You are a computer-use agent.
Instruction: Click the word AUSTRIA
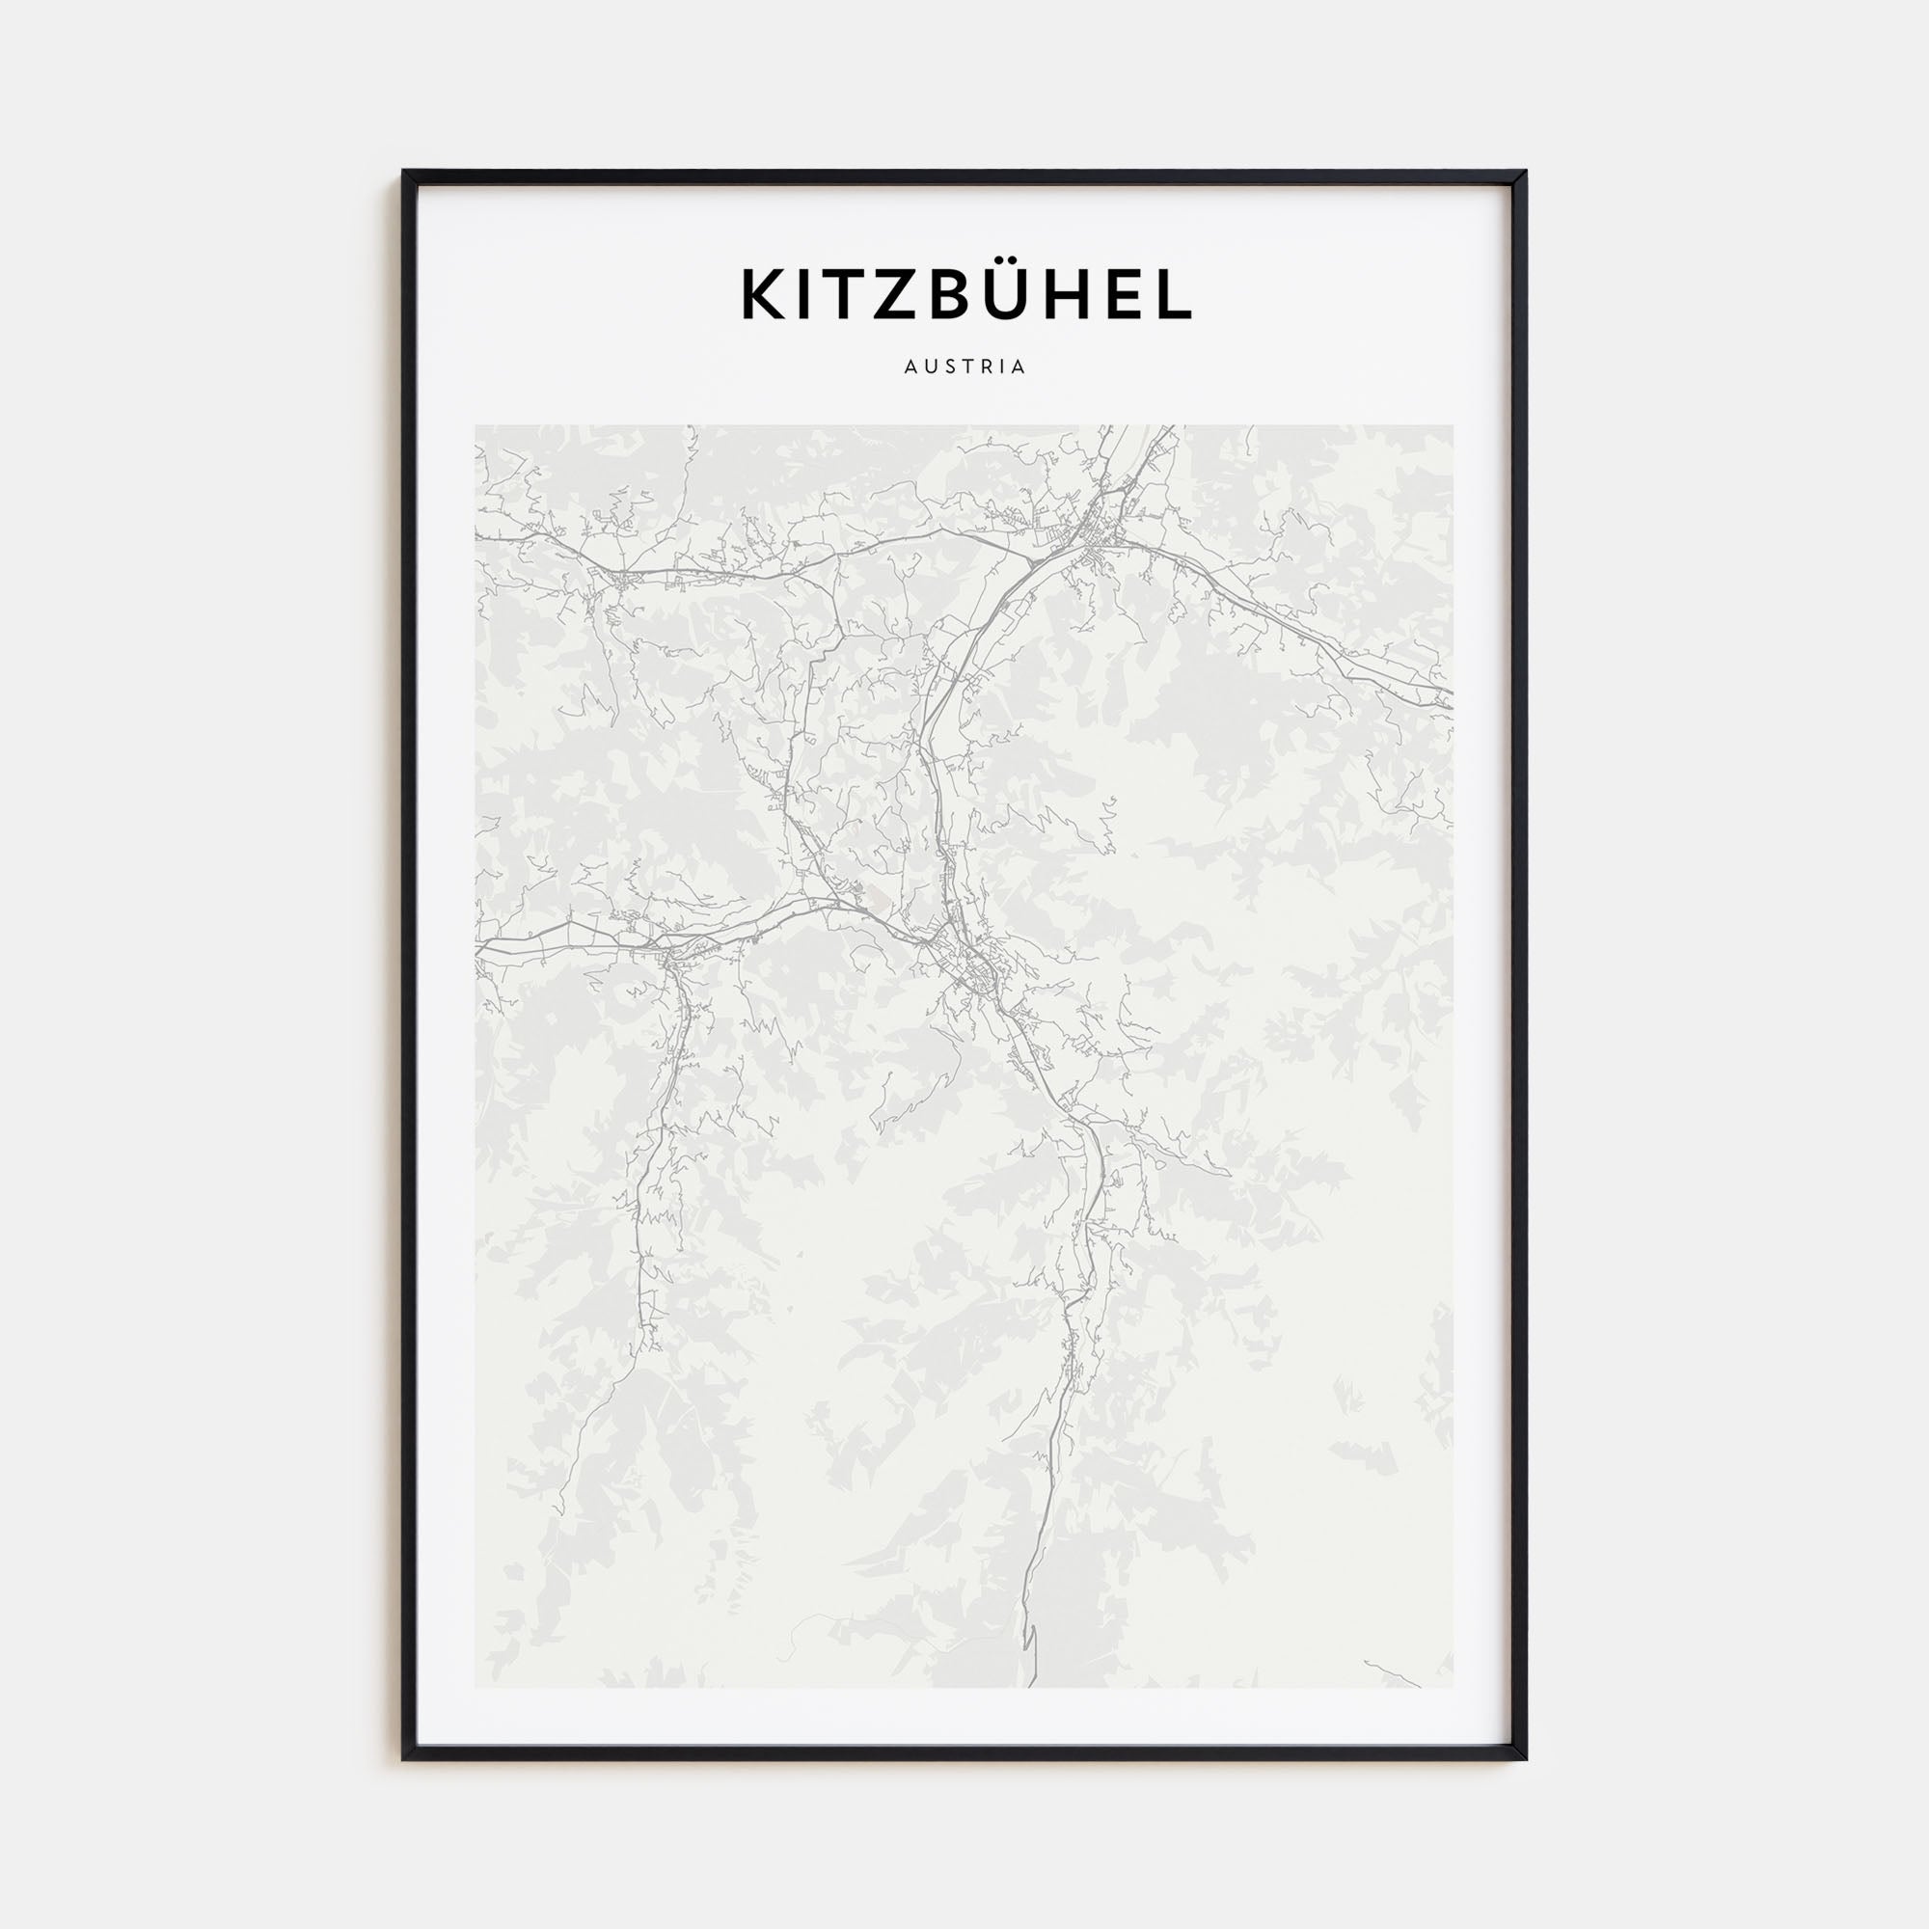964,367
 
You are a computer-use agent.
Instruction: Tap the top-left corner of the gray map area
476,426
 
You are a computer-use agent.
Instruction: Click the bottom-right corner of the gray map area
1453,1687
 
